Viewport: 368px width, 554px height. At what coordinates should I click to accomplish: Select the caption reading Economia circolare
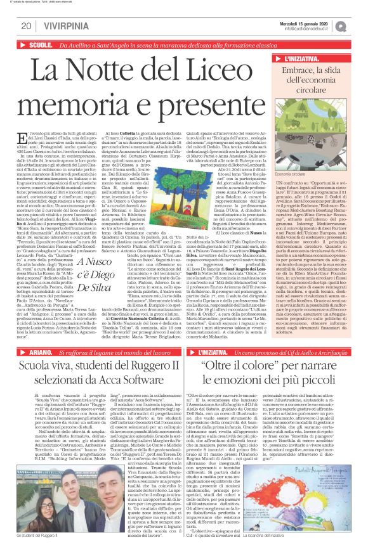point(294,173)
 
